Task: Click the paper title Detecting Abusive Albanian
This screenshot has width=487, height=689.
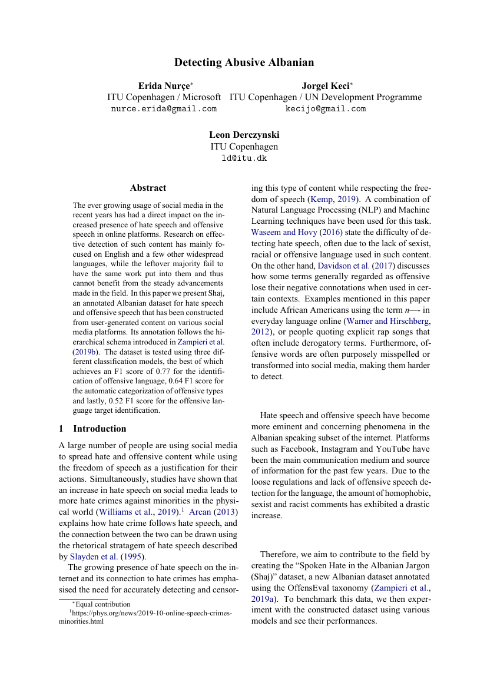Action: (244, 62)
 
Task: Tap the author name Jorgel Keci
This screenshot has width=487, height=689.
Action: (325, 86)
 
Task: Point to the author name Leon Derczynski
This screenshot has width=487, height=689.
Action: (244, 135)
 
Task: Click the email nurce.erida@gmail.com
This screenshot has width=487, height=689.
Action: (164, 109)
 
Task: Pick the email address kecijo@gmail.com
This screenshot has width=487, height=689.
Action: (326, 109)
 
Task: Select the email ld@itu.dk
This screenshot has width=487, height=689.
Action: (244, 158)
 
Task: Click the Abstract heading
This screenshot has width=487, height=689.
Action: (148, 188)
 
